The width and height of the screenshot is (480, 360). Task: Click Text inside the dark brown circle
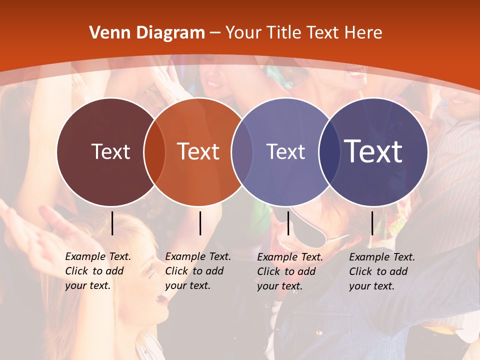(110, 151)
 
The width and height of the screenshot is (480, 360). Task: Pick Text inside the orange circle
(198, 151)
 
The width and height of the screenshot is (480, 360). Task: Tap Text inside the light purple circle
(285, 151)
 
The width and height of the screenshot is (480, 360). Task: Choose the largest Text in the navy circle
(373, 151)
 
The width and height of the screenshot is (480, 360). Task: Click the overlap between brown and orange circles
(154, 152)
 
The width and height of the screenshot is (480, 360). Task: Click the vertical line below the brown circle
(112, 223)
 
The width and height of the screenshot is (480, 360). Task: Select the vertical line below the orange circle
(200, 223)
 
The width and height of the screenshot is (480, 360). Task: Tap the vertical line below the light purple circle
(288, 223)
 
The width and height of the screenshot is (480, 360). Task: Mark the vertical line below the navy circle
(372, 223)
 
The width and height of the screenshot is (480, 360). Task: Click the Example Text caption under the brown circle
(98, 271)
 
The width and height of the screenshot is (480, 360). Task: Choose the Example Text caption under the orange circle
(198, 271)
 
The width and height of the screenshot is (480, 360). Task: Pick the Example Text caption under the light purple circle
(290, 271)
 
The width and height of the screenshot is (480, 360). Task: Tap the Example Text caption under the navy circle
(382, 271)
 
